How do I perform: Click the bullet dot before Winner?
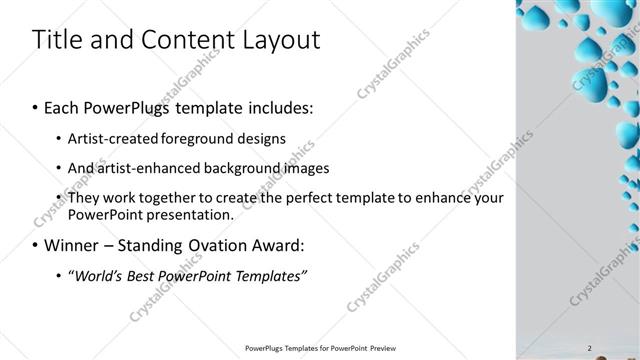point(37,244)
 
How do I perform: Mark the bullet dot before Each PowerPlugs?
point(37,106)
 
